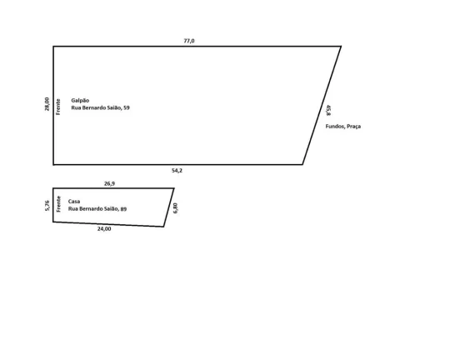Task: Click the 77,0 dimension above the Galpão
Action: pos(189,41)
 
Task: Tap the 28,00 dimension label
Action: pos(47,104)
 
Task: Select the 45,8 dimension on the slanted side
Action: pos(328,110)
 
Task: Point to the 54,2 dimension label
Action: pos(177,171)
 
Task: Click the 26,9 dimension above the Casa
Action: pos(109,183)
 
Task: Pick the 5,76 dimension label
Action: pos(47,206)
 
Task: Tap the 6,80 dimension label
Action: pos(175,208)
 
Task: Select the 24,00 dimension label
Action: pos(104,229)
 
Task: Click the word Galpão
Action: pos(80,101)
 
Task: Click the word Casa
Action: pos(74,201)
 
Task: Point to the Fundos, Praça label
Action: pos(343,127)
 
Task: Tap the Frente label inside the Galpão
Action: pos(58,107)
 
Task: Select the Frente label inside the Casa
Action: pos(59,204)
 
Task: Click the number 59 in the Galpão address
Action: pos(127,108)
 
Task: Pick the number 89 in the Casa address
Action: pos(123,209)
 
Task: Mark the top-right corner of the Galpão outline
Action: pos(341,46)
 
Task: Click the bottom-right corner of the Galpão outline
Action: pos(302,164)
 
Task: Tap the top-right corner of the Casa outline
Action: pos(174,188)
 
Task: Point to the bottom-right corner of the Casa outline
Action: pos(163,227)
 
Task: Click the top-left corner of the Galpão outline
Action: pos(53,46)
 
